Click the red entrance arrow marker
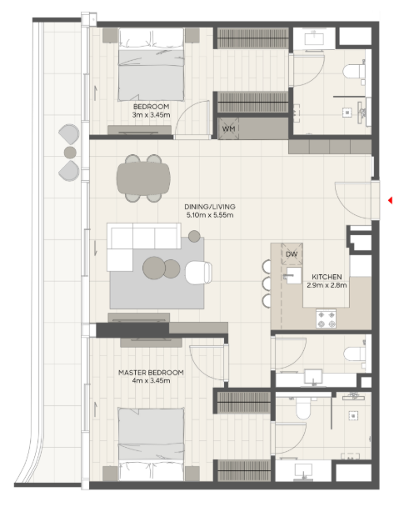click(390, 200)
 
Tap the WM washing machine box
click(228, 128)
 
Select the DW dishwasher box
click(292, 254)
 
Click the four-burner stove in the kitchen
click(326, 319)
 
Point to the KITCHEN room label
click(327, 277)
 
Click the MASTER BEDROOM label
click(151, 373)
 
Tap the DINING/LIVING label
click(210, 207)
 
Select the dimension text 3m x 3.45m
click(151, 115)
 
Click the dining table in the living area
click(143, 178)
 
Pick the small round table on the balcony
click(70, 153)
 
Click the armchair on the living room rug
click(198, 273)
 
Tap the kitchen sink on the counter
click(293, 275)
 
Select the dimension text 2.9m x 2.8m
click(327, 285)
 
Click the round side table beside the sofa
click(194, 236)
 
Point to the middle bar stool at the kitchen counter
click(267, 284)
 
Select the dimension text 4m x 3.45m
click(151, 380)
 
